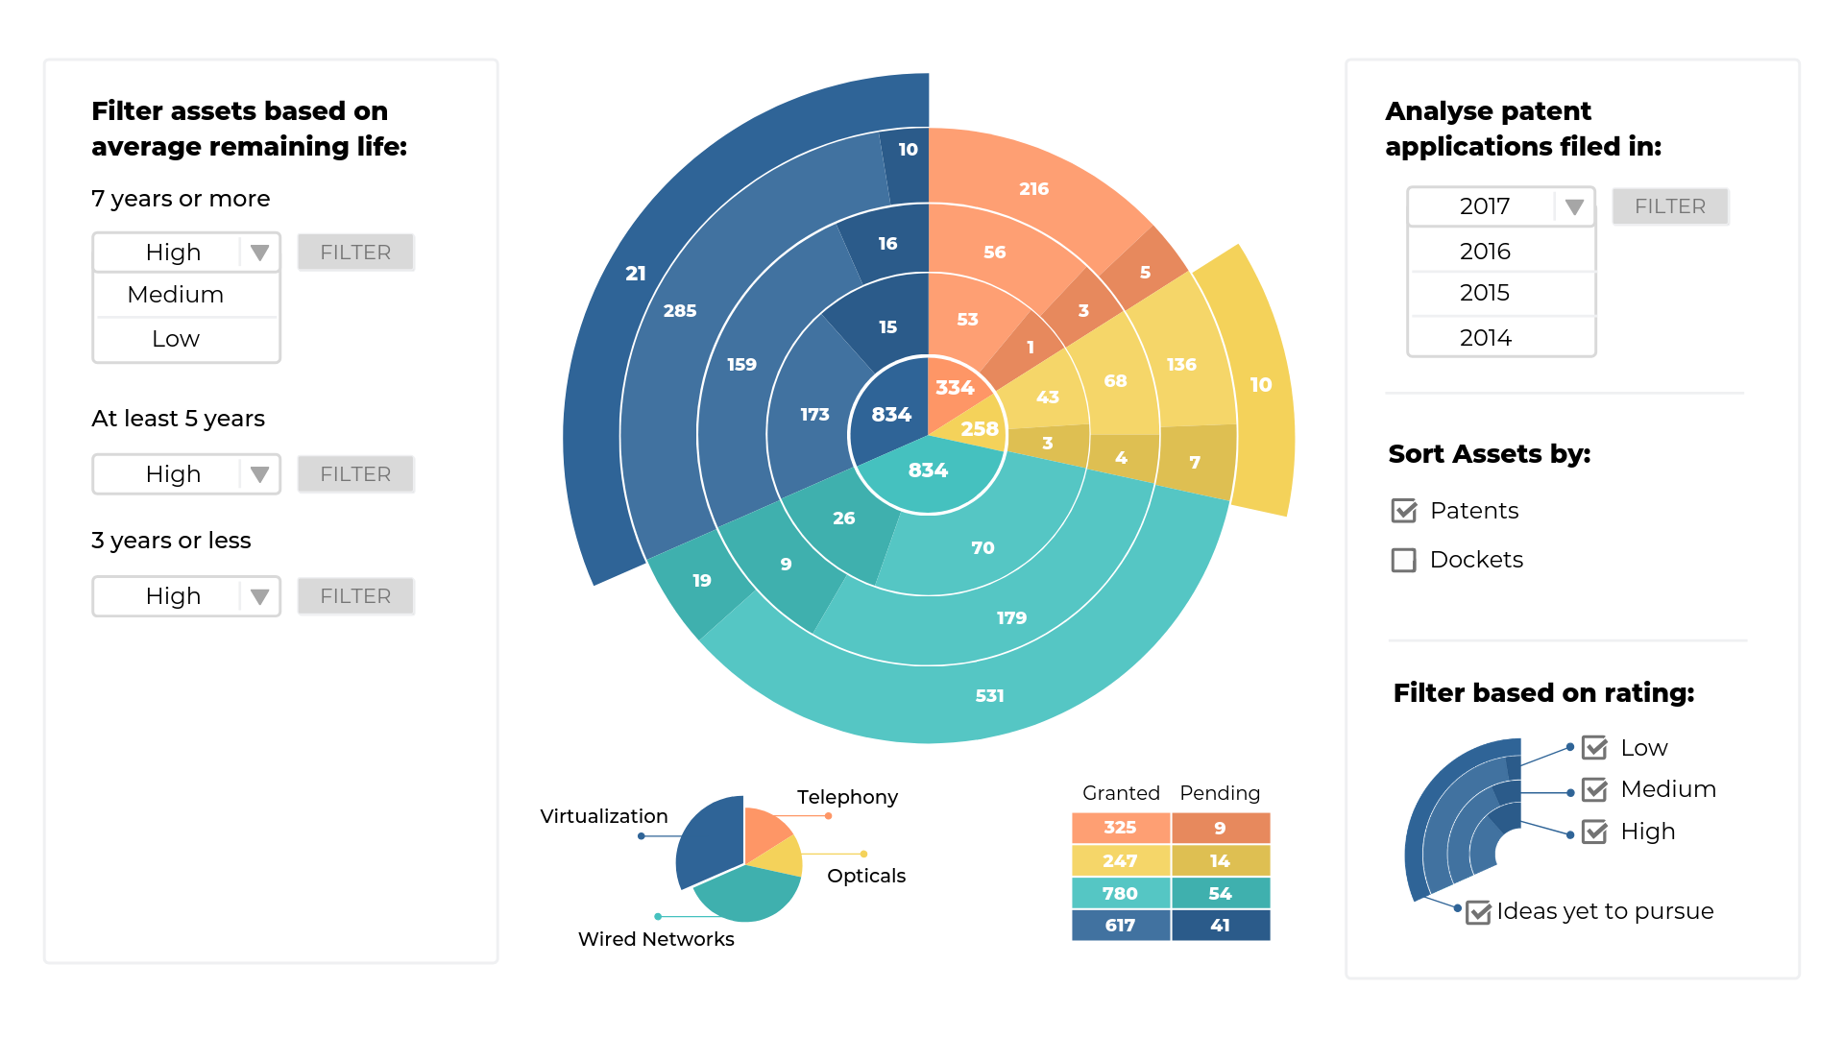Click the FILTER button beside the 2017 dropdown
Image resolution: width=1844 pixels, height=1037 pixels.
pyautogui.click(x=1669, y=206)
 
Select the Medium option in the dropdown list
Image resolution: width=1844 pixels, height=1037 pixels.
pyautogui.click(x=176, y=295)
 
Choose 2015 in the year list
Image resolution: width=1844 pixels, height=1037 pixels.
pyautogui.click(x=1485, y=293)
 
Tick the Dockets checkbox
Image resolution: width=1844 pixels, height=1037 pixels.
pyautogui.click(x=1403, y=560)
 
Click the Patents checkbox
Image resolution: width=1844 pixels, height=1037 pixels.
pyautogui.click(x=1403, y=511)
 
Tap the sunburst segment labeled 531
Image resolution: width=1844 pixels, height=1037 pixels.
pyautogui.click(x=989, y=695)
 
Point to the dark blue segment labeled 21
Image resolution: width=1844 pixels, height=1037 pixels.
pyautogui.click(x=636, y=274)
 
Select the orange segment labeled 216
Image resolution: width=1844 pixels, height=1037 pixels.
pyautogui.click(x=1033, y=189)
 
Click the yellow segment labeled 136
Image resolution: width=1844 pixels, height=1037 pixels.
pyautogui.click(x=1181, y=365)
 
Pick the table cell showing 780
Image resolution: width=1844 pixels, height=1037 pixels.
pyautogui.click(x=1120, y=893)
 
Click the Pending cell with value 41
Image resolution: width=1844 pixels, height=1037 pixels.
pyautogui.click(x=1220, y=926)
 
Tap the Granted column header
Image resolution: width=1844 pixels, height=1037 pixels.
pyautogui.click(x=1121, y=793)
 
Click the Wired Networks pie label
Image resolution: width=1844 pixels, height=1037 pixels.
pyautogui.click(x=656, y=939)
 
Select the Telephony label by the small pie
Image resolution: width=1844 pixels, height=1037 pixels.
pyautogui.click(x=847, y=797)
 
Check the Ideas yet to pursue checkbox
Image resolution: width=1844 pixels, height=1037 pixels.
pyautogui.click(x=1478, y=912)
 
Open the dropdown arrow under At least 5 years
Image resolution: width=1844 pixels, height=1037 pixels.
pyautogui.click(x=259, y=474)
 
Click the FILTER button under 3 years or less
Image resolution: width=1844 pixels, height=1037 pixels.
pyautogui.click(x=355, y=596)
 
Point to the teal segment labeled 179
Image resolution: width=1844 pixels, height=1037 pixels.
pyautogui.click(x=1011, y=617)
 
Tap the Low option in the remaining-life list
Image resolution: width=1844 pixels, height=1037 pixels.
pyautogui.click(x=176, y=339)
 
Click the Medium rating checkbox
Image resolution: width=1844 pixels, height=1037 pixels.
pyautogui.click(x=1594, y=790)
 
